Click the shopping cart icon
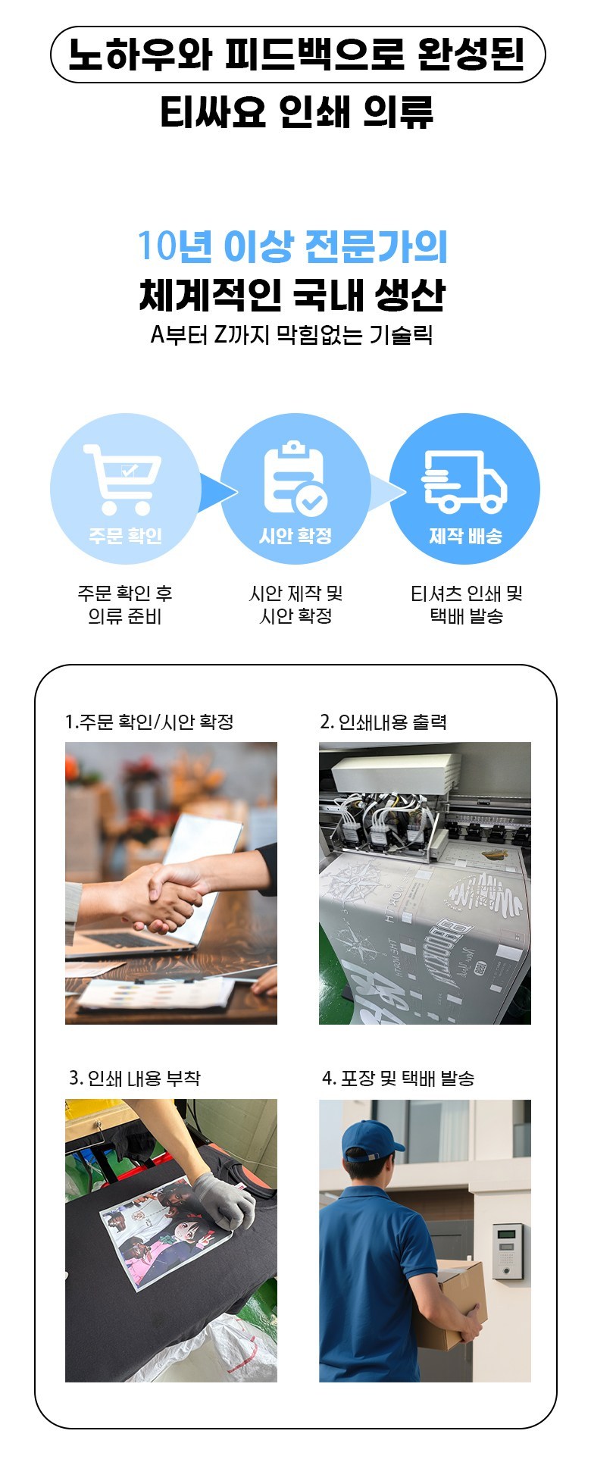123,479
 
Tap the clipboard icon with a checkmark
295,479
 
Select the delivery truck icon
464,481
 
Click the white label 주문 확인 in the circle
125,536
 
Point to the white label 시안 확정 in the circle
295,536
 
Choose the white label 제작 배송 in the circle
465,536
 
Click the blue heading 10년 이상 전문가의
292,246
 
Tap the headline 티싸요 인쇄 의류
296,111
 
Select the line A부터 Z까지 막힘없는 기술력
292,334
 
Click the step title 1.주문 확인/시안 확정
149,722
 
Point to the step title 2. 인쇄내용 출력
383,722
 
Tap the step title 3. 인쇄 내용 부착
135,1078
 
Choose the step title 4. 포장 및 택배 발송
399,1078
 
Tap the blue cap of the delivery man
371,1141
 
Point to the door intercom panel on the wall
508,1251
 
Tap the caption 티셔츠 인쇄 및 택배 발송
467,604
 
